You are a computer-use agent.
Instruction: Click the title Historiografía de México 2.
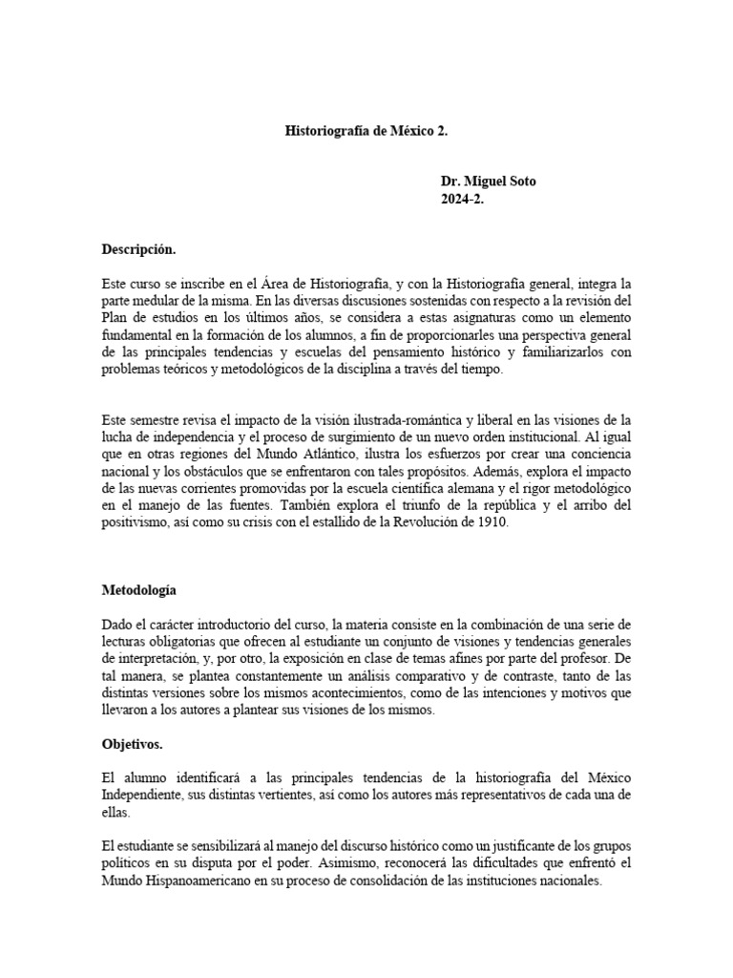[366, 131]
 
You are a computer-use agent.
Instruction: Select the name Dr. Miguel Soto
[488, 181]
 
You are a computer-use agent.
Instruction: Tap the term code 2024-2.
[462, 199]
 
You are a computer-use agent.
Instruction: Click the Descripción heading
[139, 250]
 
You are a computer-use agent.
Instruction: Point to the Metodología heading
[140, 590]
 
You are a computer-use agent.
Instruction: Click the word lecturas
[126, 642]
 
